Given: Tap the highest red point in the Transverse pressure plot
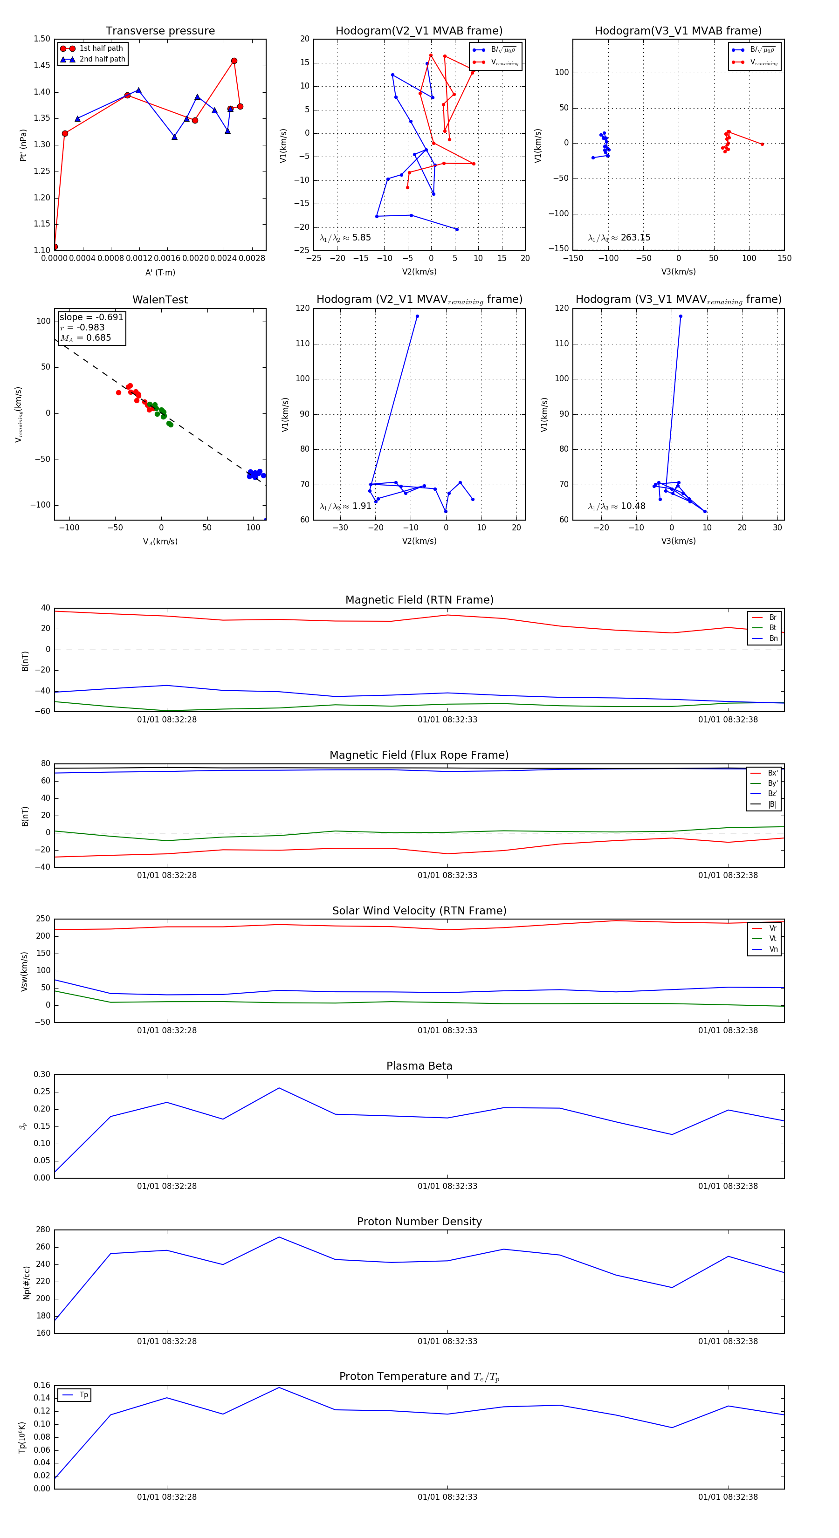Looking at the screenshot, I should [x=234, y=61].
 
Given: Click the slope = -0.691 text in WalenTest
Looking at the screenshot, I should [x=91, y=317].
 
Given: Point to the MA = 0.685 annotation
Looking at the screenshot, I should [x=85, y=338].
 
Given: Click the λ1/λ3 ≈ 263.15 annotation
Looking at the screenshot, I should [x=619, y=238].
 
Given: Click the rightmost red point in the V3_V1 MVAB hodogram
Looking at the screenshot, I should [x=762, y=144].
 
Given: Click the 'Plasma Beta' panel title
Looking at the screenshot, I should [x=419, y=1066].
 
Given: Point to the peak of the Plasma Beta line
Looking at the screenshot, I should [x=279, y=1088].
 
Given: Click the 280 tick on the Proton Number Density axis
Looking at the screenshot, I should [x=43, y=1229].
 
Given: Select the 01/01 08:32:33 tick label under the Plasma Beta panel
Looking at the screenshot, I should [x=447, y=1186].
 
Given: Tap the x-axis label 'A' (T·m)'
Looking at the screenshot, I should [x=160, y=272].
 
